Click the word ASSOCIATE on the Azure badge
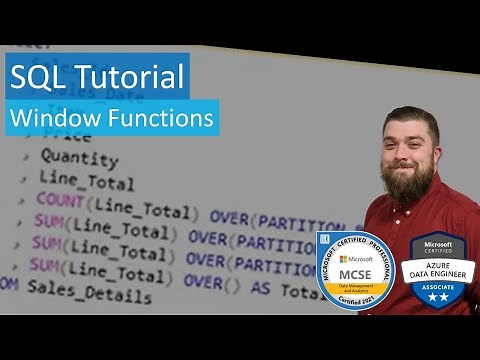click(437, 283)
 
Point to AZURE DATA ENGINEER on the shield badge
click(437, 269)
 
